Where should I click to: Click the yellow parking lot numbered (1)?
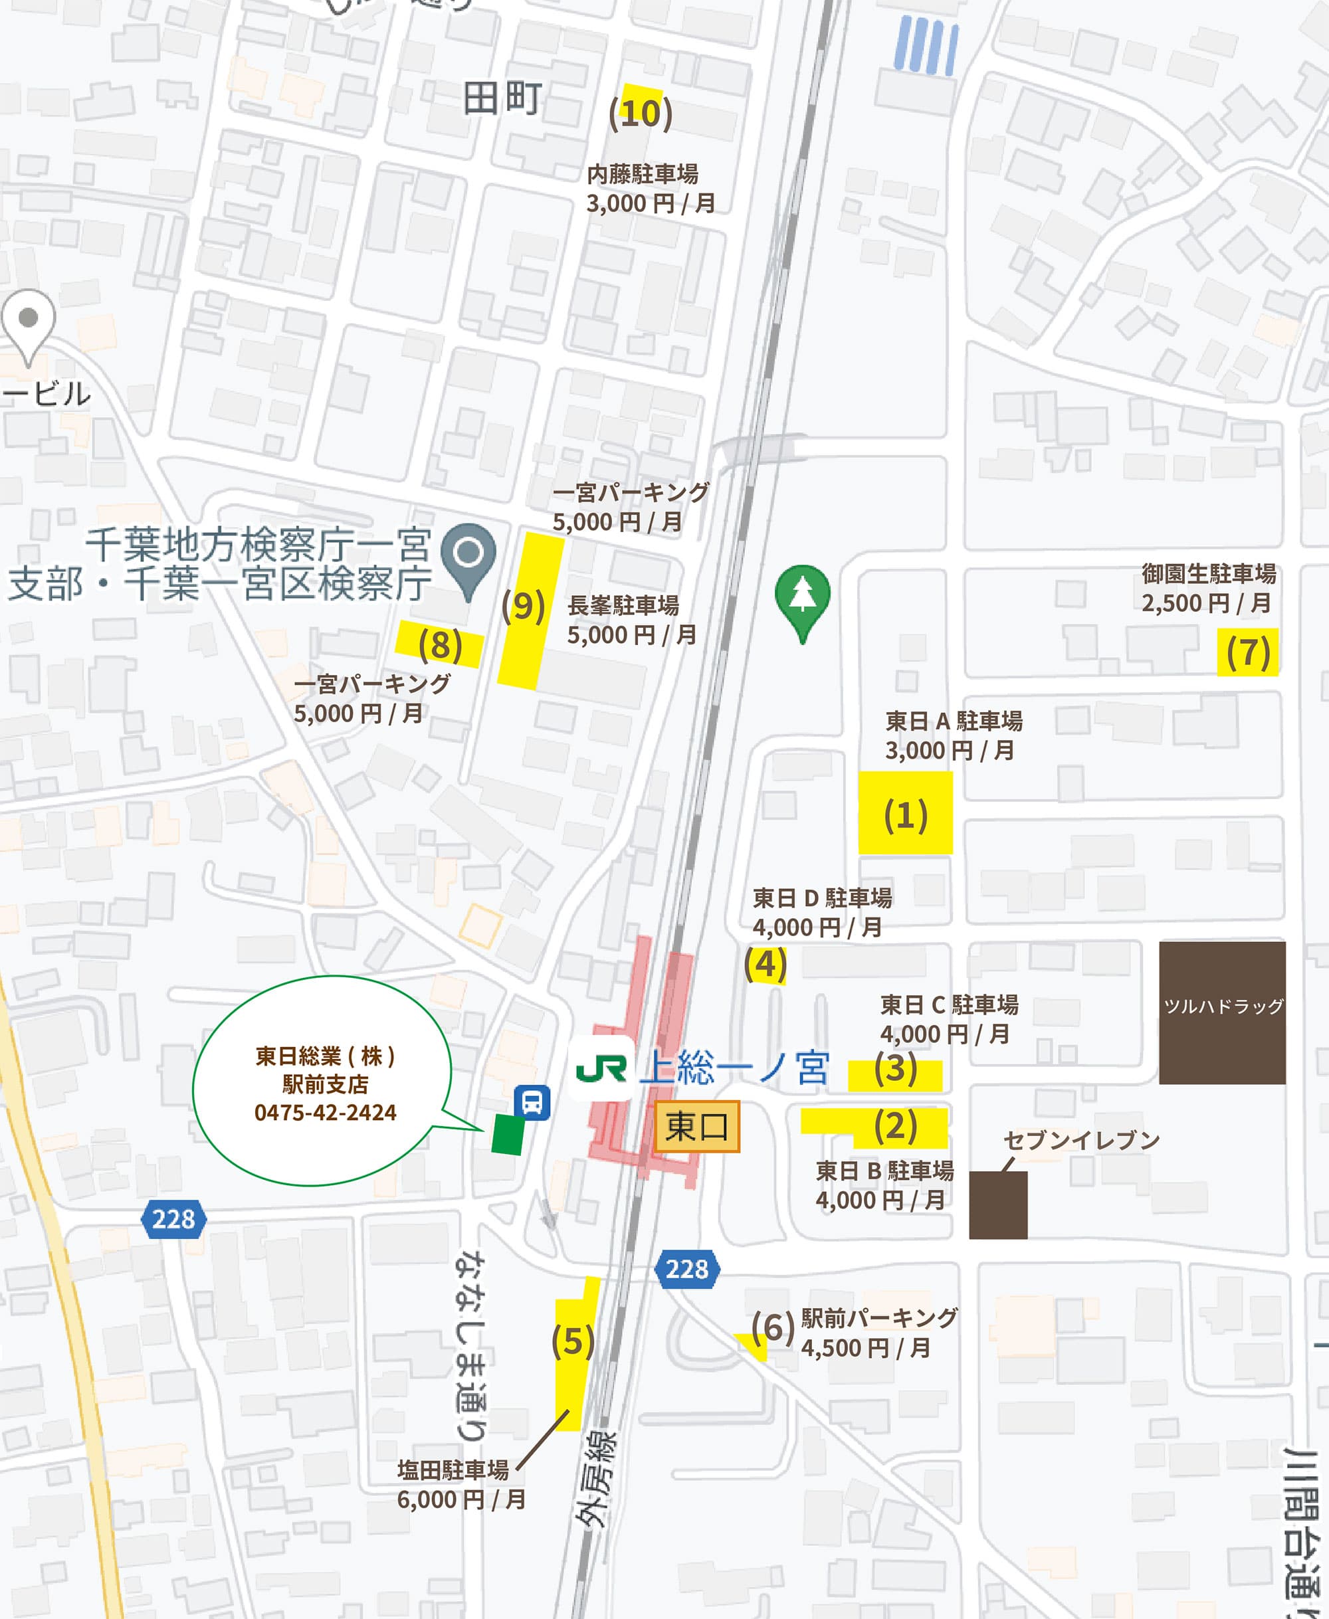[x=905, y=813]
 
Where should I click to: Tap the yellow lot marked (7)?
[x=1247, y=652]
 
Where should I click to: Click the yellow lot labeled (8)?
[x=439, y=644]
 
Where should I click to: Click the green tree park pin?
[x=802, y=595]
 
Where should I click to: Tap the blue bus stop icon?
[x=532, y=1102]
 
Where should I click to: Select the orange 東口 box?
[x=696, y=1126]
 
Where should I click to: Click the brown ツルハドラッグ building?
[x=1222, y=1012]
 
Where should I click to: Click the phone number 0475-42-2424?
[x=326, y=1112]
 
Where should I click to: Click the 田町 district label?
[x=502, y=99]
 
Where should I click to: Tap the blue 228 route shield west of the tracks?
[x=174, y=1218]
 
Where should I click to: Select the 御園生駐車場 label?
[x=1208, y=573]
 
